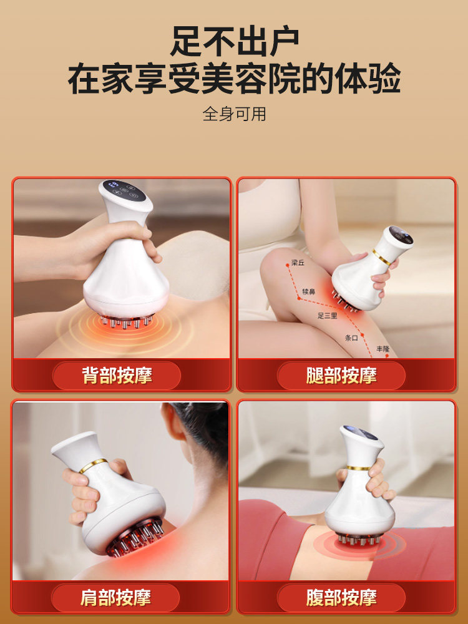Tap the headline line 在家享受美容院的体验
[x=234, y=80]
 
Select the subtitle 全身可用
[x=234, y=114]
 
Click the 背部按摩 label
[x=117, y=376]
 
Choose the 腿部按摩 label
[x=341, y=376]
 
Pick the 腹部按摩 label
[x=341, y=598]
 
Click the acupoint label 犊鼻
[x=309, y=291]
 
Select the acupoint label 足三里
[x=327, y=316]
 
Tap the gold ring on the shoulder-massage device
[x=93, y=466]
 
